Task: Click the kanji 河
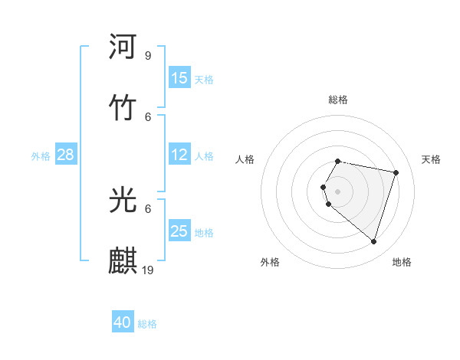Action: tap(123, 47)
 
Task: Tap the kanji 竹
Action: tap(123, 108)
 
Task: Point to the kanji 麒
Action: tap(123, 260)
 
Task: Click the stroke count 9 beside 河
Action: tap(147, 55)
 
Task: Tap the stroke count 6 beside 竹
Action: tap(147, 116)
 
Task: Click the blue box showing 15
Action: tap(179, 78)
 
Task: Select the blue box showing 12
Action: tap(179, 155)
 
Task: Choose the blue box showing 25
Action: tap(179, 231)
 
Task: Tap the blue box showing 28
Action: tap(66, 155)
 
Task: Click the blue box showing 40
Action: tap(123, 322)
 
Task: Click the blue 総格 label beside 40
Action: tap(147, 324)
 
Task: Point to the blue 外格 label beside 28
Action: tap(41, 156)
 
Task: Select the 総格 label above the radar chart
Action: tap(338, 100)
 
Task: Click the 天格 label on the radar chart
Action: tap(432, 159)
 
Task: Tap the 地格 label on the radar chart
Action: tap(402, 262)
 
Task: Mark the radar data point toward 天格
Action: tap(396, 173)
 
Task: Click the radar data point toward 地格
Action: tap(373, 242)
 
